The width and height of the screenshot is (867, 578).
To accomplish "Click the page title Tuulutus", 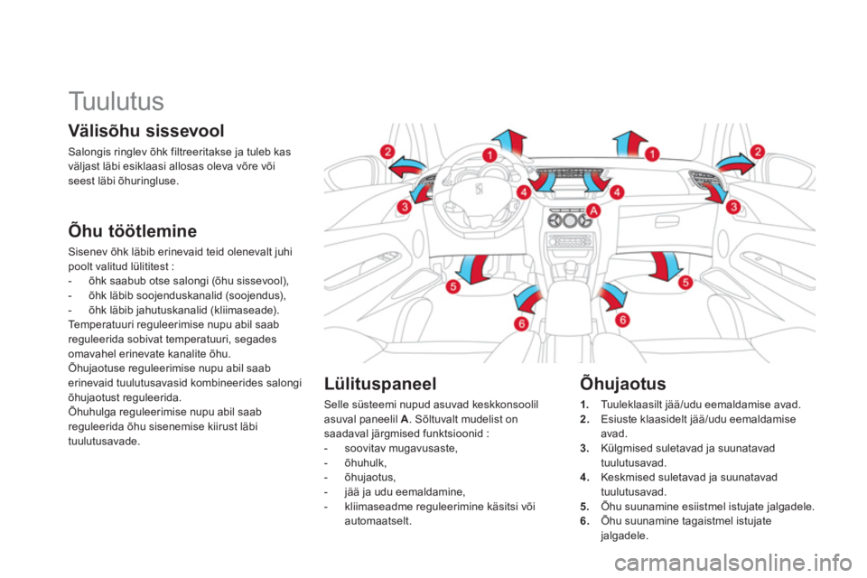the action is pyautogui.click(x=117, y=101).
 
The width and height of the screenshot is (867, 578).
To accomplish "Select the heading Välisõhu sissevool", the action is pyautogui.click(x=146, y=131).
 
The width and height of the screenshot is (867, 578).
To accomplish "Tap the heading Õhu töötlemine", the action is pyautogui.click(x=132, y=230).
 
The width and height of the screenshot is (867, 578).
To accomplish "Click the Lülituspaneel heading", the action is pyautogui.click(x=380, y=383).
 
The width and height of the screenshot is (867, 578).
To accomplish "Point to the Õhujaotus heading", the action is pyautogui.click(x=622, y=383).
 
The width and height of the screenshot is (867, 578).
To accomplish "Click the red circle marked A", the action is pyautogui.click(x=592, y=210).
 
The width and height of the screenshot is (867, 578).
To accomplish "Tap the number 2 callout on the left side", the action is pyautogui.click(x=387, y=151).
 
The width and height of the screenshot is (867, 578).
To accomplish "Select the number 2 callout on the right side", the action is pyautogui.click(x=757, y=151).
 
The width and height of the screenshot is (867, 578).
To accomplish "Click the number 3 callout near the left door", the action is pyautogui.click(x=405, y=208).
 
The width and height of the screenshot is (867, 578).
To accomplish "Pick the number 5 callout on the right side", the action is pyautogui.click(x=685, y=282).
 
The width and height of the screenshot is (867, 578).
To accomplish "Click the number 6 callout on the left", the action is pyautogui.click(x=521, y=323).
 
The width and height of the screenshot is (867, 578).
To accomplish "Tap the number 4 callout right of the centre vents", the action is pyautogui.click(x=617, y=192).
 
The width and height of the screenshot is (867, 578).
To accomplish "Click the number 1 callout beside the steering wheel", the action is pyautogui.click(x=489, y=154).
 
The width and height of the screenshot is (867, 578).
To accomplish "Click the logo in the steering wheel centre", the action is pyautogui.click(x=479, y=189).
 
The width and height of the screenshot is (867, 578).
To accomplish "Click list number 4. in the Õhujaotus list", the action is pyautogui.click(x=585, y=478).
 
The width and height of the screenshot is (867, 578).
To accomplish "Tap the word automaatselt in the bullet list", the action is pyautogui.click(x=378, y=521).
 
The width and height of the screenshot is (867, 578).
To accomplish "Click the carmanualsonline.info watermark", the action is pyautogui.click(x=733, y=563).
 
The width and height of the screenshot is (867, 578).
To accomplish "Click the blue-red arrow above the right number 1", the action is pyautogui.click(x=629, y=144).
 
